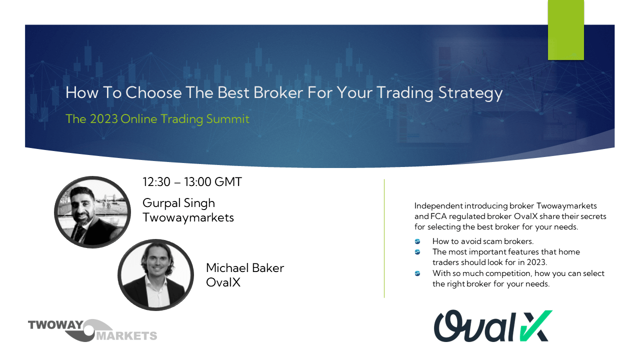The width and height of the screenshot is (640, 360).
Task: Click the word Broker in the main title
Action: coord(278,92)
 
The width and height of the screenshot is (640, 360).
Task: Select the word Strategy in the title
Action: coord(470,93)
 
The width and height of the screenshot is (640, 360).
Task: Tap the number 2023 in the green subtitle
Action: coord(103,119)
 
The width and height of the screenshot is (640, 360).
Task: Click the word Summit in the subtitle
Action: coord(227,119)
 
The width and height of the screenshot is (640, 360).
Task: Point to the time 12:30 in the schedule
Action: coord(156,182)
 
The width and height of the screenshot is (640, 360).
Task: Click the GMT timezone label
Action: coord(228,182)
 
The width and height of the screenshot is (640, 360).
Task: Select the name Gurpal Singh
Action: coord(178,203)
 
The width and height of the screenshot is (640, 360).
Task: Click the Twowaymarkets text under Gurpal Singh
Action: coord(188,217)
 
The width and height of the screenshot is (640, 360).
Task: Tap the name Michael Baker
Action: coord(245,268)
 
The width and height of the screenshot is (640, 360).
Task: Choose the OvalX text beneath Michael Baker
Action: coord(223,282)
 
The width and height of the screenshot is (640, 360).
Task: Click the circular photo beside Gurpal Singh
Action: coord(92,212)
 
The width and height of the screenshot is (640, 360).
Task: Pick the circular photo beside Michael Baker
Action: coord(155,275)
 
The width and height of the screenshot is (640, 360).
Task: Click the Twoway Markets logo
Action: coord(92,330)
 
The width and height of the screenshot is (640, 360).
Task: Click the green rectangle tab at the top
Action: coord(565,30)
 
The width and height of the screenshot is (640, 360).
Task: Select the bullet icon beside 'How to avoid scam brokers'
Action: coord(417,241)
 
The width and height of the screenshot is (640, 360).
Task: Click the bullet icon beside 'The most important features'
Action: coord(417,252)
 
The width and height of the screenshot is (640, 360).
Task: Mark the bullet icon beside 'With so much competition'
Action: coord(417,273)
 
